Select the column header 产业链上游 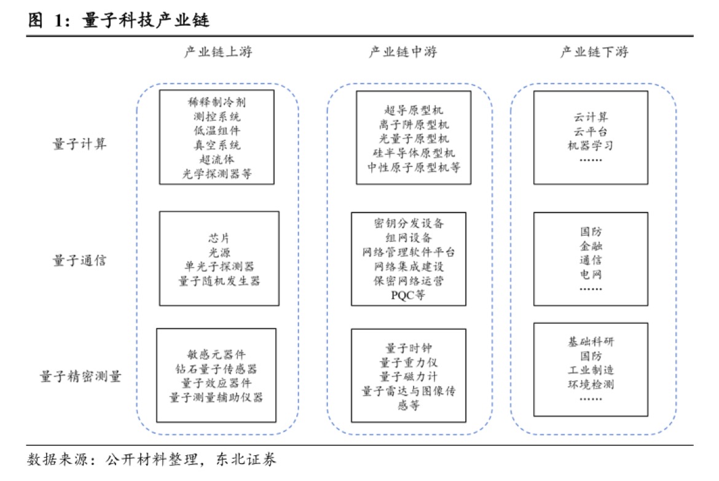tap(218, 52)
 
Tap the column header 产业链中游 tap(403, 52)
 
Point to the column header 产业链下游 tap(594, 52)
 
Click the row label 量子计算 tap(79, 143)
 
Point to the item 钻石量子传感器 tap(216, 369)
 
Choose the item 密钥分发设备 tap(408, 222)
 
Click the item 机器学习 tap(591, 146)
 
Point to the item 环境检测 tap(591, 385)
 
